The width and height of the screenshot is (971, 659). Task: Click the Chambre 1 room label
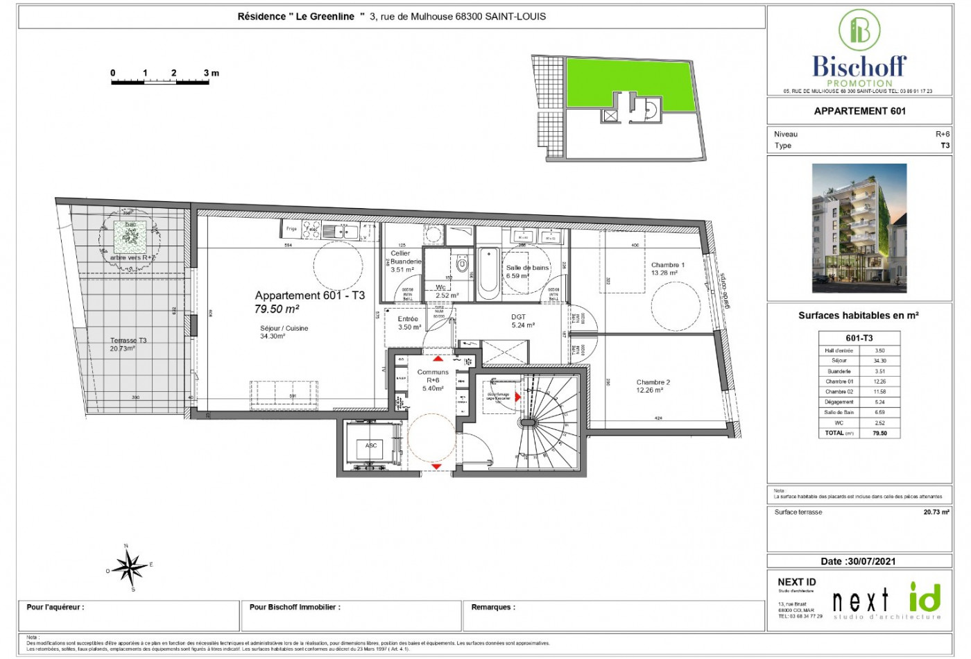click(x=667, y=265)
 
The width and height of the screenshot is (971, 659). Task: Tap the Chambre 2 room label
click(x=653, y=382)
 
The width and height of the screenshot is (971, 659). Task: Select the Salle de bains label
click(x=527, y=268)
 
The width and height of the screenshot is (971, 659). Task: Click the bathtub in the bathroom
click(x=488, y=271)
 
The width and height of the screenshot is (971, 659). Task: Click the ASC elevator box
click(x=371, y=447)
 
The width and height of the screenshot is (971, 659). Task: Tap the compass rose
click(x=129, y=567)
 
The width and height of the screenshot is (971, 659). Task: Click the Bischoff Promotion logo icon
click(x=859, y=30)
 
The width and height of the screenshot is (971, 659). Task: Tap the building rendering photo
click(x=859, y=228)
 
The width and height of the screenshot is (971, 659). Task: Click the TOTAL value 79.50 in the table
click(x=879, y=433)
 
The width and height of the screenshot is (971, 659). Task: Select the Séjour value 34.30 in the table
click(x=879, y=361)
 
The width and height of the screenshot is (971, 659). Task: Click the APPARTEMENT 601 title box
click(x=859, y=111)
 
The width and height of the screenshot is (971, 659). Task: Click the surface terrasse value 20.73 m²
click(x=936, y=512)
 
